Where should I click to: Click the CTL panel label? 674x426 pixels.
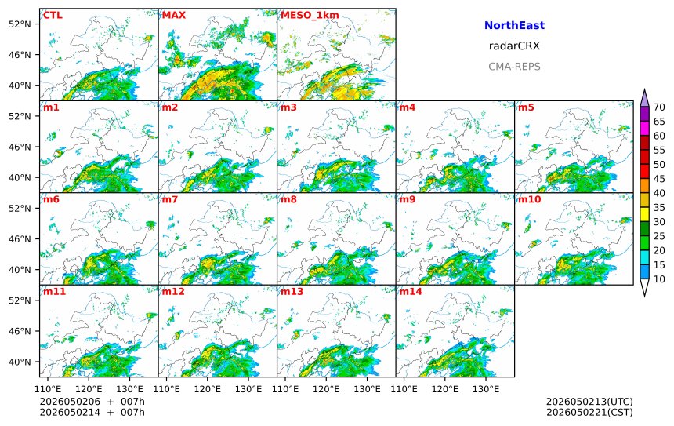(x=53, y=16)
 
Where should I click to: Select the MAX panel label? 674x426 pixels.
(x=174, y=16)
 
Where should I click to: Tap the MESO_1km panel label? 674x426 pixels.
(x=310, y=16)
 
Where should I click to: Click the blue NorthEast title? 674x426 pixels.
(x=514, y=25)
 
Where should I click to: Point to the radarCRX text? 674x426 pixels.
(x=514, y=46)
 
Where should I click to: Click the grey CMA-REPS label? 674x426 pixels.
(x=514, y=67)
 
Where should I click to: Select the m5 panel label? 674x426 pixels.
(x=526, y=107)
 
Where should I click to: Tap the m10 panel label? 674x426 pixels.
(x=529, y=199)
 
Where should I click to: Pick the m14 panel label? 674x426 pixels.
(x=411, y=292)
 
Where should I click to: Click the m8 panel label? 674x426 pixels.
(x=288, y=199)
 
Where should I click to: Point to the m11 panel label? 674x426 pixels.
(x=54, y=292)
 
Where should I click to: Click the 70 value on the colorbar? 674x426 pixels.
(x=659, y=107)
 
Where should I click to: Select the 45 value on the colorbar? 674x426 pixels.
(x=659, y=179)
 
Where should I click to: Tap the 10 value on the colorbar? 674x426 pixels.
(x=659, y=279)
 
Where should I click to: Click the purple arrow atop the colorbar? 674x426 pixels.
(x=644, y=99)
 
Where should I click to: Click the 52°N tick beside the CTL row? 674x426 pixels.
(x=20, y=24)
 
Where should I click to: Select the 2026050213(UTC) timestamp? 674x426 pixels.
(x=589, y=402)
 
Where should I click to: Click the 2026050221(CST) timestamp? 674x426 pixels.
(x=589, y=412)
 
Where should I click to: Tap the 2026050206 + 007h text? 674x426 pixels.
(x=92, y=402)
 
